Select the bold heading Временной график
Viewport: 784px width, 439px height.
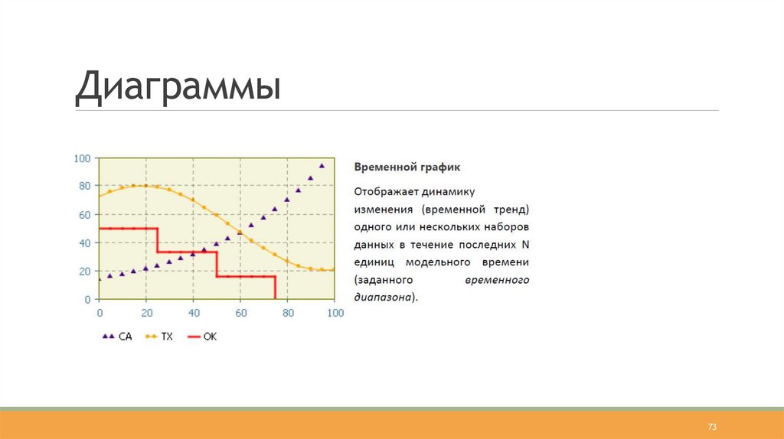(x=407, y=167)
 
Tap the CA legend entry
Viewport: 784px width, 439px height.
(x=117, y=337)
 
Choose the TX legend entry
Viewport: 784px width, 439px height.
(x=159, y=337)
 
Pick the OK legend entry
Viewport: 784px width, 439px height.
(x=202, y=337)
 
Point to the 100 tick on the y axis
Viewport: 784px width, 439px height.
(x=82, y=159)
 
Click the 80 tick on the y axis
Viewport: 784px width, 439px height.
(x=84, y=186)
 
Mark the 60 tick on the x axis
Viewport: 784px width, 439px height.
(x=241, y=313)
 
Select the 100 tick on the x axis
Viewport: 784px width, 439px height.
(x=335, y=313)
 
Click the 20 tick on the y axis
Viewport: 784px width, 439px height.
(x=84, y=272)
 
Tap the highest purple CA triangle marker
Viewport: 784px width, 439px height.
(x=322, y=166)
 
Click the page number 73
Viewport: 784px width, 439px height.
(x=712, y=427)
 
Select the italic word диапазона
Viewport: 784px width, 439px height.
(x=383, y=298)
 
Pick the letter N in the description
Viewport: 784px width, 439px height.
(x=525, y=245)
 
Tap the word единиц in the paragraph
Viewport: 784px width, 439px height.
(x=374, y=262)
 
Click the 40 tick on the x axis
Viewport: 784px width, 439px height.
(x=194, y=313)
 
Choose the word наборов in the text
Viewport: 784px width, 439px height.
(x=505, y=227)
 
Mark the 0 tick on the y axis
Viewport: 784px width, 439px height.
(x=87, y=300)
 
